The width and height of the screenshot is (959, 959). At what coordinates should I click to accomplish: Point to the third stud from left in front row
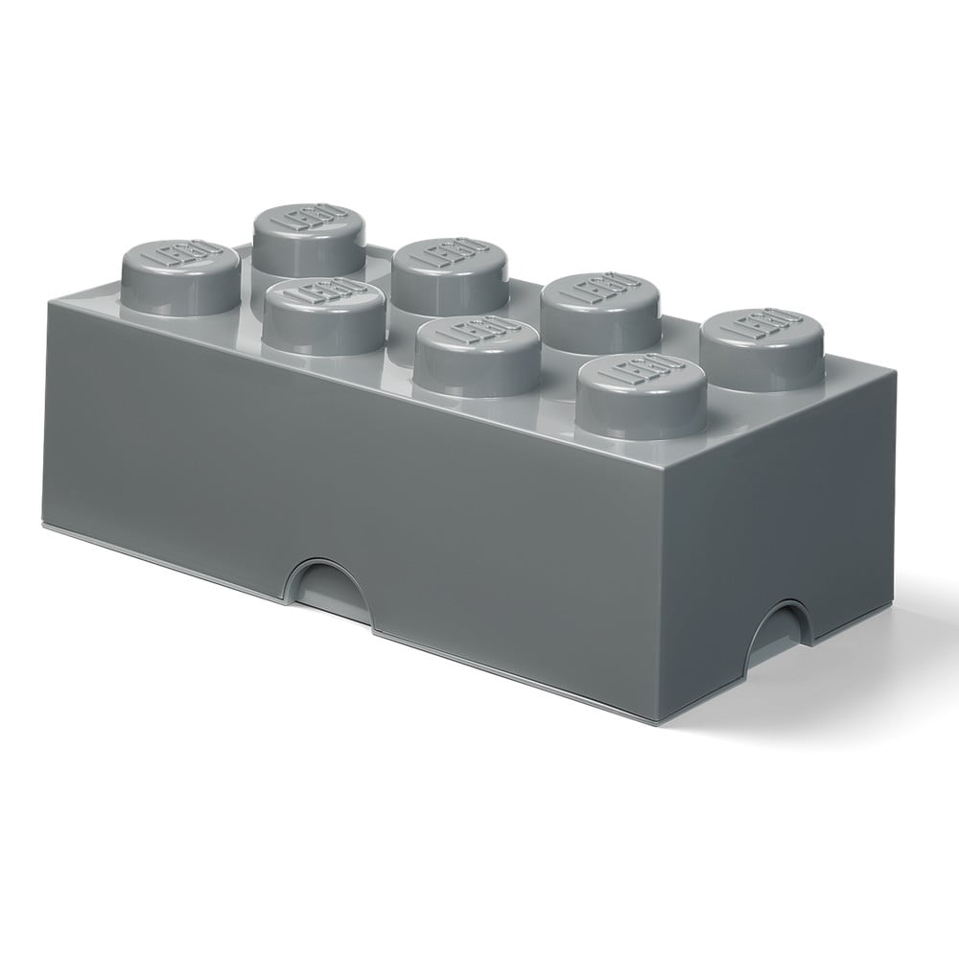[477, 356]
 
